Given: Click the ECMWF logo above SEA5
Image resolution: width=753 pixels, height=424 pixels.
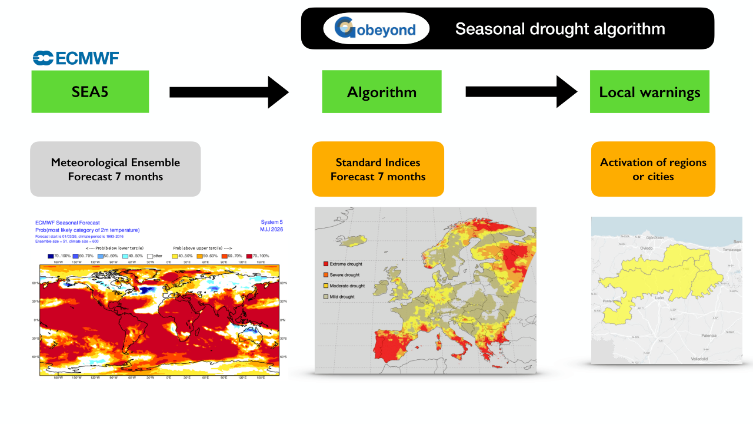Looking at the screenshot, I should [x=76, y=58].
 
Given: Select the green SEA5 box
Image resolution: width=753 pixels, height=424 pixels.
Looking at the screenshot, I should [x=90, y=92].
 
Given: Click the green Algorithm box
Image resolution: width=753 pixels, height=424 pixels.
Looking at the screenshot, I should [x=382, y=92].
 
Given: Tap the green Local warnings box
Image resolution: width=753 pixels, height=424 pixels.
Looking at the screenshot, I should [x=649, y=92].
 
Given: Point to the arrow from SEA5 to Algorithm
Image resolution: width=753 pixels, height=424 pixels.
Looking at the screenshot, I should [x=229, y=92].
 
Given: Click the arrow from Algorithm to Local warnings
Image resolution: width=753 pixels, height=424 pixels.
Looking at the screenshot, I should [x=521, y=92].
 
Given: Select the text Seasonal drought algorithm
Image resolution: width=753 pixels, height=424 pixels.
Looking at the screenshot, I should [x=560, y=29].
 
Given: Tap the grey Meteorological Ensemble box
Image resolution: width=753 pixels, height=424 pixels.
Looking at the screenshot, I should [x=115, y=169].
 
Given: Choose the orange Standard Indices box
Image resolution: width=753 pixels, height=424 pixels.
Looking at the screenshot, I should [x=378, y=169].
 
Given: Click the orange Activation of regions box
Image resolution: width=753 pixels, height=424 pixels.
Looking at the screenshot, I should [x=653, y=169].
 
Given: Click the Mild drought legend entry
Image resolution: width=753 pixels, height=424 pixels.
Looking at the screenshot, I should [x=342, y=297].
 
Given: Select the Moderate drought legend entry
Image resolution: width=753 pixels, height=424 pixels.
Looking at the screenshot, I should [x=347, y=286].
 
